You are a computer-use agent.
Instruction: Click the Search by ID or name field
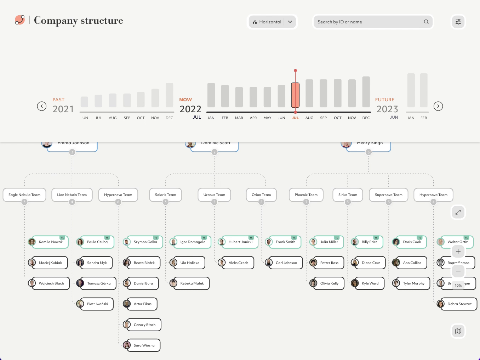click(x=368, y=22)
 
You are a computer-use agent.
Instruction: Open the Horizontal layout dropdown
click(x=272, y=22)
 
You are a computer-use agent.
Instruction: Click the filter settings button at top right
click(x=458, y=22)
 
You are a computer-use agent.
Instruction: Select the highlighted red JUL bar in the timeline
click(x=295, y=95)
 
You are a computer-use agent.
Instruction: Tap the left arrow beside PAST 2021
click(x=42, y=106)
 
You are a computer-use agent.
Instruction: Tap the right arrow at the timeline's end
click(x=438, y=106)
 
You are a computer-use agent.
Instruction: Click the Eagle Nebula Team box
click(x=24, y=195)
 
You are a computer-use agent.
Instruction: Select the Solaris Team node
click(x=165, y=195)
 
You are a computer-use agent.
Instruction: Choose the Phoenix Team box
click(x=306, y=195)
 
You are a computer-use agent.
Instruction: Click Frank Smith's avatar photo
click(x=269, y=242)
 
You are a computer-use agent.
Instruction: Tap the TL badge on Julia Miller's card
click(x=337, y=238)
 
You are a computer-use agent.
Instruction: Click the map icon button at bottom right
click(x=458, y=331)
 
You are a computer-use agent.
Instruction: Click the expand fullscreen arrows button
click(x=458, y=212)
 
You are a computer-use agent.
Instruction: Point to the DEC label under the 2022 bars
click(x=366, y=118)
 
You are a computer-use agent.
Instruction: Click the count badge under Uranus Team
click(x=214, y=202)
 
